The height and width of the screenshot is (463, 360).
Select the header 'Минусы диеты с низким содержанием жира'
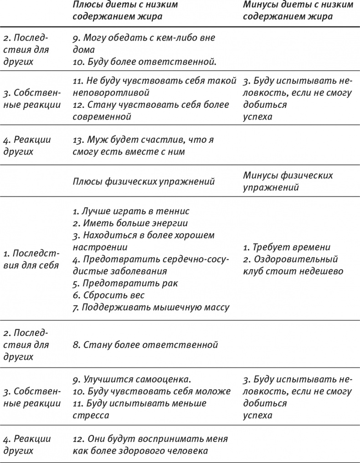(298, 10)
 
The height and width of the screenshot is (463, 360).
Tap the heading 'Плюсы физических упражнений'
(144, 182)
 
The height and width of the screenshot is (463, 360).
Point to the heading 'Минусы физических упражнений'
(288, 181)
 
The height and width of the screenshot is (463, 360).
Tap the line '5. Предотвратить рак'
(125, 283)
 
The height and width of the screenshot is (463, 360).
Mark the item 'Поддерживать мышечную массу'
(151, 307)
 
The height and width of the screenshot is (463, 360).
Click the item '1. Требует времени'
(286, 247)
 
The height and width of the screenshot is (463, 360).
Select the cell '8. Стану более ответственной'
(145, 345)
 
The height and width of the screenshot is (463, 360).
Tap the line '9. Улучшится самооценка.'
(131, 379)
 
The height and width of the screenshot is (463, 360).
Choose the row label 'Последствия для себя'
(31, 259)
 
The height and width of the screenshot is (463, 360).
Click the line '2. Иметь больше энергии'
(130, 223)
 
